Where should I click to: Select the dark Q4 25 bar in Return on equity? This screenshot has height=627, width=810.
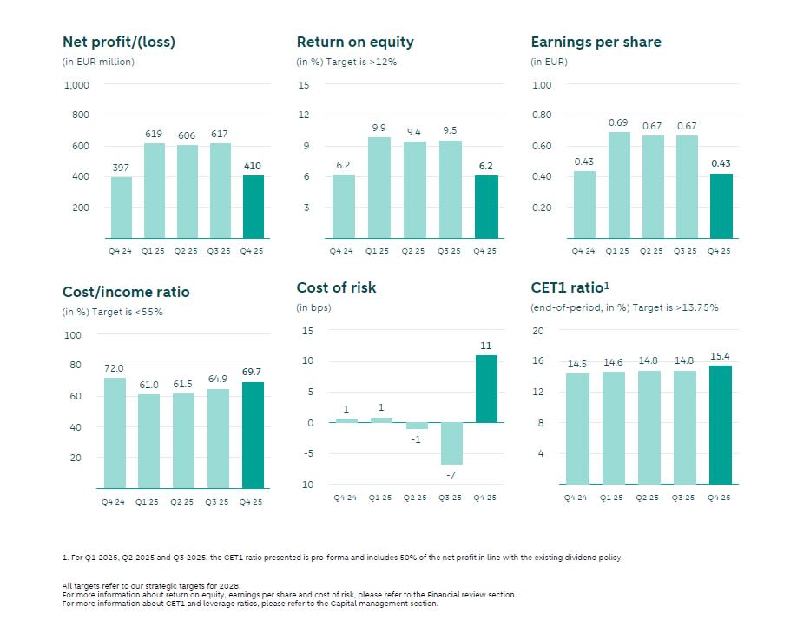486,207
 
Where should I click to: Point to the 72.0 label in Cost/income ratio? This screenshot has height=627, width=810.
115,368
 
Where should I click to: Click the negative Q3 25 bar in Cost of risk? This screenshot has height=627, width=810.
451,444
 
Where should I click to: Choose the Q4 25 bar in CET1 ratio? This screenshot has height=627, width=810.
720,425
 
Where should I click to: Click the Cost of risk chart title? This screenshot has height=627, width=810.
336,287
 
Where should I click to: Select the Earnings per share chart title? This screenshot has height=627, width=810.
596,42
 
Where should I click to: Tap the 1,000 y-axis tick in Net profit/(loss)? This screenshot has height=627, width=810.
76,85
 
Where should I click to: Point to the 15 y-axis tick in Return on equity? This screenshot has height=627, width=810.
304,85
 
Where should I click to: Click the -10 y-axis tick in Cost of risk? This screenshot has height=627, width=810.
305,485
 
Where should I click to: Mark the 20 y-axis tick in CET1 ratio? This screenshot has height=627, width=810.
537,331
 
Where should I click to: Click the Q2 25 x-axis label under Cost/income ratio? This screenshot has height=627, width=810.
183,501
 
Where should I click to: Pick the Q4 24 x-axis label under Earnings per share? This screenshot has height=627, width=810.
584,251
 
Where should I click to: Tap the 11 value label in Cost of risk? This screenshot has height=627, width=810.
485,346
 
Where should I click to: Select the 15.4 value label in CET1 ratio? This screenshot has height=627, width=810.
720,356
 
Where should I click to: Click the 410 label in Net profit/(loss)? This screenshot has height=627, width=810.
252,166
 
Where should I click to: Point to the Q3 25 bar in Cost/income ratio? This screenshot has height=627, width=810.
219,439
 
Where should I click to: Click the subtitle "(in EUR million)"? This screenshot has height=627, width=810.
98,62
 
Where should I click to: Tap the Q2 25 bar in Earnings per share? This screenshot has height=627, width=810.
652,187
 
